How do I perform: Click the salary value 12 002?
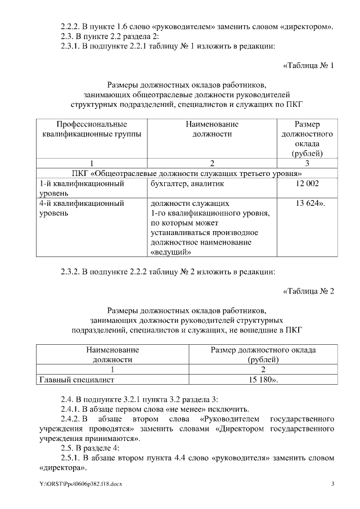coord(307,183)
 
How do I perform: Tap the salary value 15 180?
coord(263,380)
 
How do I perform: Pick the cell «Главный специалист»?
coord(71,380)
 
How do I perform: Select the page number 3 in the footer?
coord(332,484)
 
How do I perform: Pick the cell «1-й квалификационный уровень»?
coord(82,188)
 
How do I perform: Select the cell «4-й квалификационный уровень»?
coord(82,208)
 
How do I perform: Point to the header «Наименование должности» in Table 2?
coord(112,354)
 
